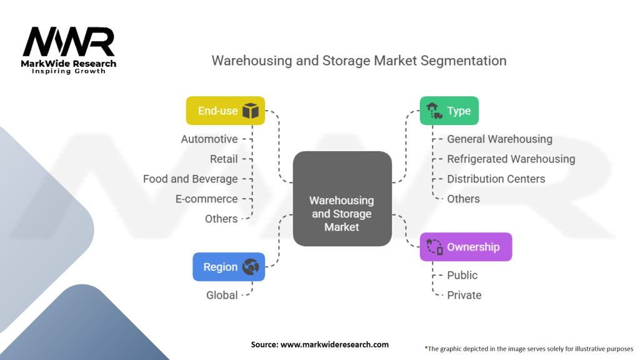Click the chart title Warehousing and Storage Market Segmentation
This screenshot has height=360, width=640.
tap(359, 61)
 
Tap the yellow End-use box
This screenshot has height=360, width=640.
tap(226, 111)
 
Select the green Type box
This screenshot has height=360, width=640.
tap(449, 111)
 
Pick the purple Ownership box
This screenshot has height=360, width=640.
tap(466, 247)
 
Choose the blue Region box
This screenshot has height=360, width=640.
tap(229, 267)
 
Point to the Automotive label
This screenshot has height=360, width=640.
tap(209, 139)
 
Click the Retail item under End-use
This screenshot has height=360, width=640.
tap(224, 159)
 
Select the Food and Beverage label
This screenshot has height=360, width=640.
tap(191, 179)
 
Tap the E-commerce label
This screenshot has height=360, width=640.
tap(207, 199)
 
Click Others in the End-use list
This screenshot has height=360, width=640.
tap(221, 219)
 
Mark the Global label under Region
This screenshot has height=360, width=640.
tap(222, 295)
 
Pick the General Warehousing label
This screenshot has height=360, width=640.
tap(499, 139)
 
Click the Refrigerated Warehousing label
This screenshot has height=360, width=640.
tap(511, 159)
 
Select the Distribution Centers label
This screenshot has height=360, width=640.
tap(496, 179)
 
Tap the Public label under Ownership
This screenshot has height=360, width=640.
tap(462, 275)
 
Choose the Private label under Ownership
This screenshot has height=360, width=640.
tap(464, 295)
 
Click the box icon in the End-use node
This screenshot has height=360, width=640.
tap(251, 111)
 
